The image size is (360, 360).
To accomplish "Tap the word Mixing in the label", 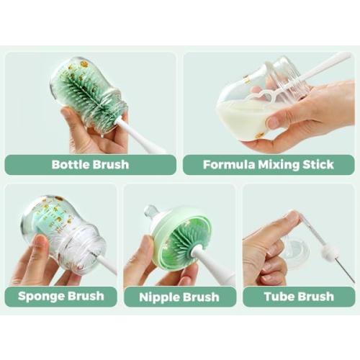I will point(279,165).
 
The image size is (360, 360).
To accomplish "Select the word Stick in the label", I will point(318,165).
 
